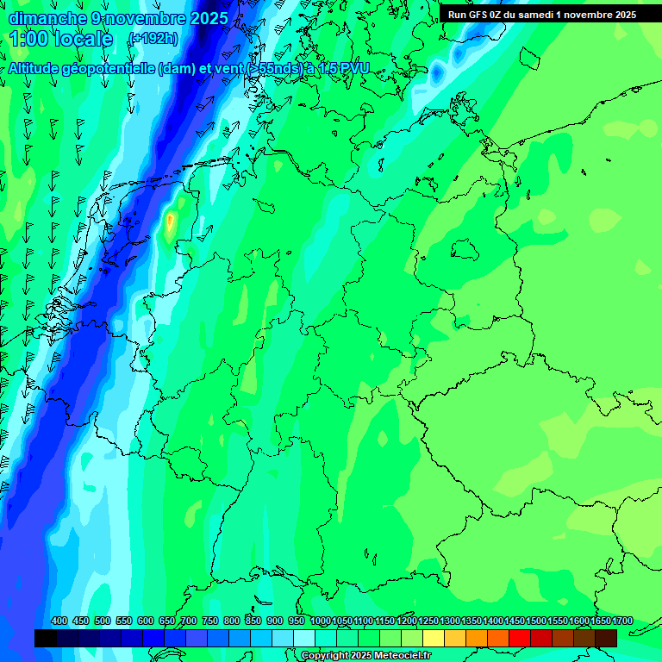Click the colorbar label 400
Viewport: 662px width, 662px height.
[59, 621]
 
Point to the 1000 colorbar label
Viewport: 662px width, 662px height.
[321, 621]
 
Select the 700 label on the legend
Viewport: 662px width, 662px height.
[189, 621]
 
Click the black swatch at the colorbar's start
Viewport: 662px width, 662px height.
[45, 638]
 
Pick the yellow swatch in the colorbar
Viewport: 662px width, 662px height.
[434, 638]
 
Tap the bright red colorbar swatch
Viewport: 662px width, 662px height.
[520, 638]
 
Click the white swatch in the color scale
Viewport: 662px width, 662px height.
[304, 638]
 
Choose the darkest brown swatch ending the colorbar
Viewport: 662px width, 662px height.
[606, 638]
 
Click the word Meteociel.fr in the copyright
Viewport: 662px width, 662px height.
[399, 656]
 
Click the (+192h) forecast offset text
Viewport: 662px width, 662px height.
[153, 39]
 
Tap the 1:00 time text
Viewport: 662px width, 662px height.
[29, 39]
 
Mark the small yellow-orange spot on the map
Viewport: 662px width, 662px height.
[170, 223]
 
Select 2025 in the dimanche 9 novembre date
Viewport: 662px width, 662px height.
[208, 18]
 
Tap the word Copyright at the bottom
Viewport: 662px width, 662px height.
[325, 656]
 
